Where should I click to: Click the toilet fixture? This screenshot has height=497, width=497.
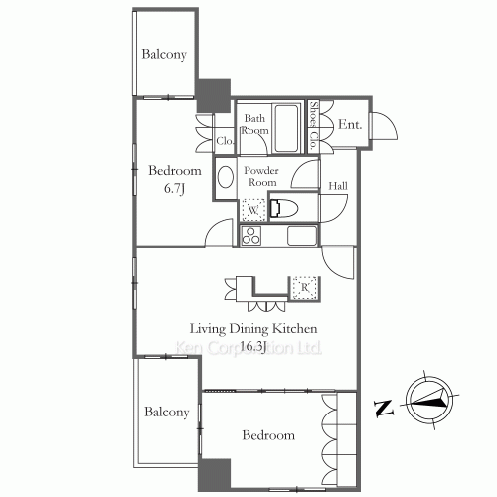283,209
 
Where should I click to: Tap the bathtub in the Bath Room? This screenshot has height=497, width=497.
286,128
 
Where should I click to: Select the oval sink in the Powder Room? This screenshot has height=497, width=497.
226,177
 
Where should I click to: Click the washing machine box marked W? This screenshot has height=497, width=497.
253,210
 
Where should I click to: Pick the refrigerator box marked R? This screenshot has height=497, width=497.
305,288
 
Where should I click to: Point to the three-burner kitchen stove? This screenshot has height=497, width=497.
251,236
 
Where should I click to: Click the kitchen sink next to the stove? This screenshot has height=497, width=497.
302,236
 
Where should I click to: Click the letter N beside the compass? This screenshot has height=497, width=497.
384,408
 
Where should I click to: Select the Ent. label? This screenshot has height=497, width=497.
350,125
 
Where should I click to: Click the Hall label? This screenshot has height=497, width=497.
338,186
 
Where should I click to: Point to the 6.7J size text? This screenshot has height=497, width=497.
174,188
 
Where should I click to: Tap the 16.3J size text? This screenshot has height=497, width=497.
252,346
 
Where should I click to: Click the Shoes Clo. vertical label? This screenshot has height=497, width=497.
313,125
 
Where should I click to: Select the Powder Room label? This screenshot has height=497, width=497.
261,176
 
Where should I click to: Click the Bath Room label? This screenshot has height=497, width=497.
254,124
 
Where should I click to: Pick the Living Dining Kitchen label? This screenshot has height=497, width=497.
253,329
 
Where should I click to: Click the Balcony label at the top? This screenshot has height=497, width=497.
164,54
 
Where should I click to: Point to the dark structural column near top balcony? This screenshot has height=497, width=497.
214,95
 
